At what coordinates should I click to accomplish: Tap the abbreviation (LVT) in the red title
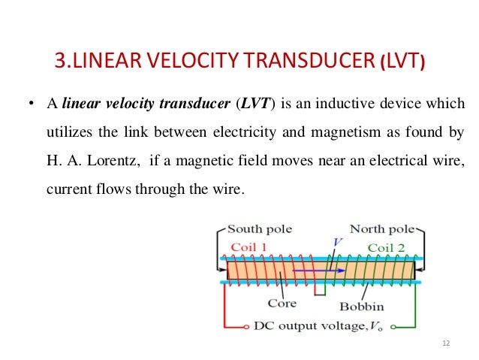[x=404, y=59]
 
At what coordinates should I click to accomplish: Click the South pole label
[x=260, y=228]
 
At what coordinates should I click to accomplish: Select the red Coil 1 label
[x=248, y=247]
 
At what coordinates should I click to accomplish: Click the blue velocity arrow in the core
[x=318, y=270]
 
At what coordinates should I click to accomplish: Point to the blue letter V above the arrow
[x=336, y=243]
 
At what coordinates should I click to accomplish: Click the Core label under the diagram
[x=282, y=304]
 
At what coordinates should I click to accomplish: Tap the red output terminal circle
[x=248, y=327]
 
